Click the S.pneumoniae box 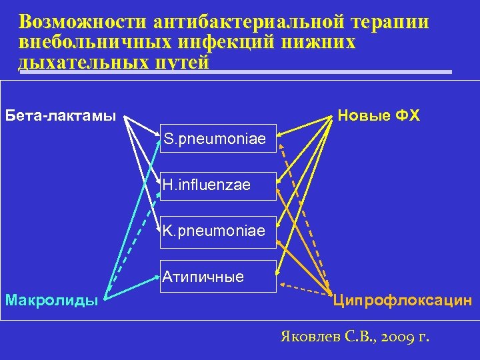[218, 139]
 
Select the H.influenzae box [218, 185]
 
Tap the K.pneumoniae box [218, 231]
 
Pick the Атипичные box [218, 276]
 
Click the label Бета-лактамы [61, 115]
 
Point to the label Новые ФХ [379, 115]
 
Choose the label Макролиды [52, 300]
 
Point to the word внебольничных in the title [86, 43]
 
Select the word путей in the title [182, 63]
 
